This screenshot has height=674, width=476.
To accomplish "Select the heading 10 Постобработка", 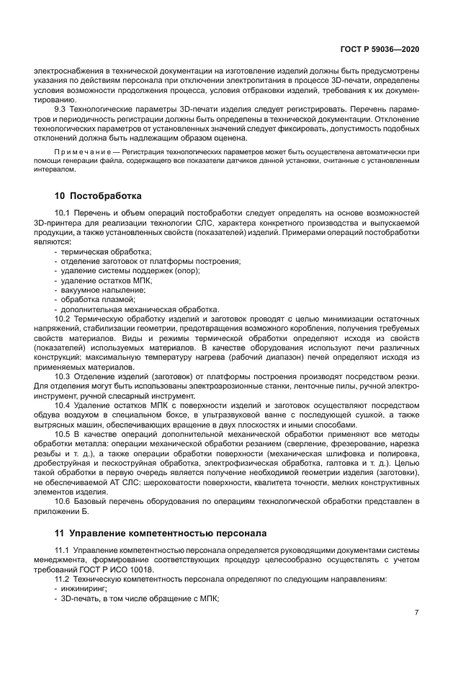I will tap(98, 195).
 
